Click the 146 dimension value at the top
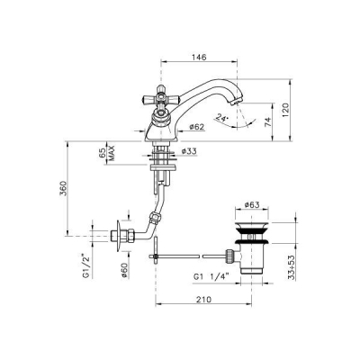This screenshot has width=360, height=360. click(x=199, y=57)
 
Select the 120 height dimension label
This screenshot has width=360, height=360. click(x=285, y=110)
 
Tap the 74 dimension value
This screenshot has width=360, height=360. click(x=268, y=121)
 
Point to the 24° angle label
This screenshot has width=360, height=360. click(x=222, y=118)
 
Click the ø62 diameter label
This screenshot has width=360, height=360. click(x=197, y=127)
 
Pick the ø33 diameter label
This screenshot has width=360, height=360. click(x=189, y=151)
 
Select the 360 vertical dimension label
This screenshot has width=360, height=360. click(x=63, y=188)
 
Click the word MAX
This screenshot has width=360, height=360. click(x=112, y=153)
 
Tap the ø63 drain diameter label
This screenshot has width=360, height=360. click(x=252, y=205)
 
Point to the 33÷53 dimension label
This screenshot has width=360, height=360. click(x=292, y=267)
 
